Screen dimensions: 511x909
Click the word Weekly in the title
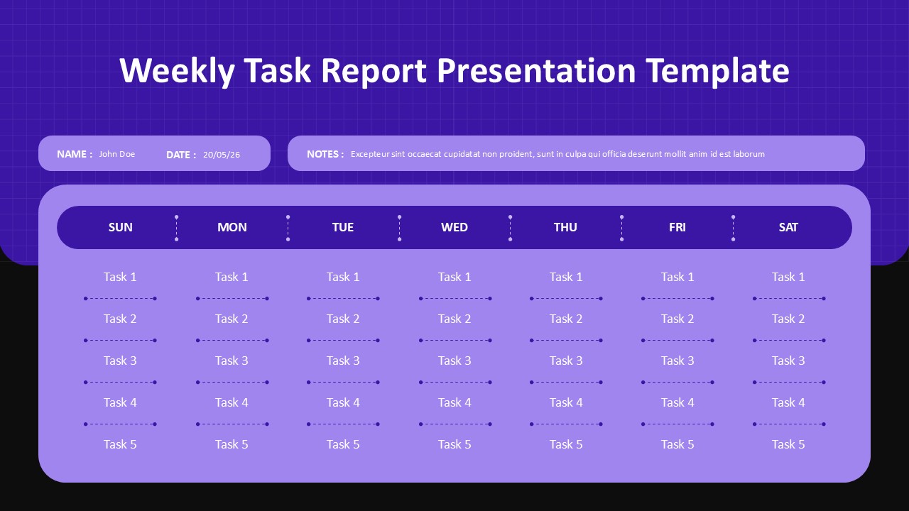point(177,71)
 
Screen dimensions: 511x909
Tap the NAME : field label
point(75,154)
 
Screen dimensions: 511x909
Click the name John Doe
point(116,154)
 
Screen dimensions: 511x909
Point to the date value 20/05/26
point(222,155)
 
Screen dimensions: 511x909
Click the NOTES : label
point(325,154)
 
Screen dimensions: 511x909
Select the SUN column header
point(120,227)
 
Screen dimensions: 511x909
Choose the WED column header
point(454,227)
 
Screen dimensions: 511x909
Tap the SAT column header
point(788,227)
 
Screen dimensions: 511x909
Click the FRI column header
point(677,227)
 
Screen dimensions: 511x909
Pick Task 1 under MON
point(232,277)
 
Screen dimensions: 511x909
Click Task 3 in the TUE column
point(343,361)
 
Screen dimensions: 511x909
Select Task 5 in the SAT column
point(788,444)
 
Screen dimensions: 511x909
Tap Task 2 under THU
point(566,319)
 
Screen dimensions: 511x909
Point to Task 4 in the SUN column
point(120,402)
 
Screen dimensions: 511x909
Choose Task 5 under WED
point(454,444)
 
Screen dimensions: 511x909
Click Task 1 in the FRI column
point(677,277)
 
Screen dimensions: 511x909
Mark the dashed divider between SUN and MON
point(176,228)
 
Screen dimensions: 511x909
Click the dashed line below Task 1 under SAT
point(789,299)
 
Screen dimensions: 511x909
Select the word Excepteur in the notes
point(371,154)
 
